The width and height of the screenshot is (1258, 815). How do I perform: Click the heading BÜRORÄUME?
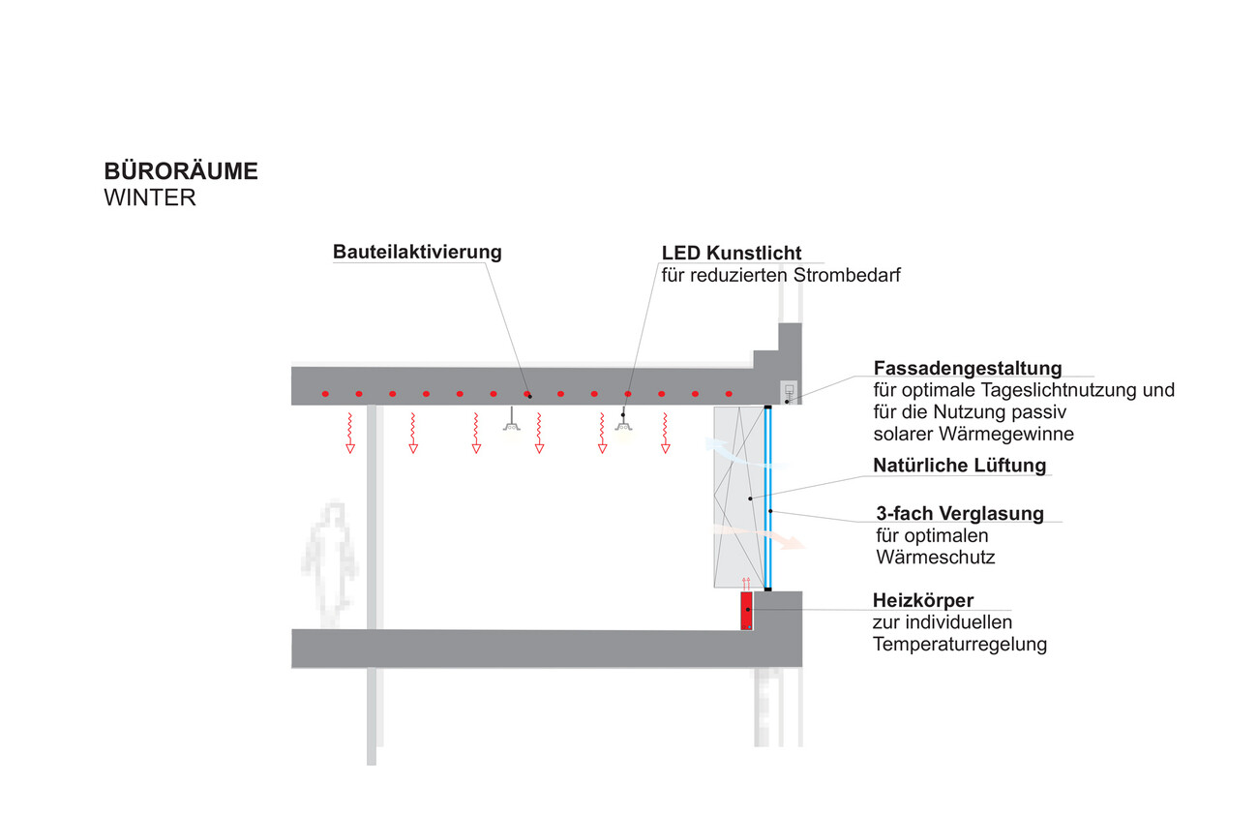click(181, 172)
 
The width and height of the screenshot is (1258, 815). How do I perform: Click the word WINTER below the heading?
click(150, 198)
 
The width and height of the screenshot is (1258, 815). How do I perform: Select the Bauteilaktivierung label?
click(417, 252)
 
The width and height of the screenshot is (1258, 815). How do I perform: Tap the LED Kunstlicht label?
click(732, 253)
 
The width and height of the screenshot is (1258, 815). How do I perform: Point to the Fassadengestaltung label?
click(968, 368)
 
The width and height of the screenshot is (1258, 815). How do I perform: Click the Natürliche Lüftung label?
click(959, 465)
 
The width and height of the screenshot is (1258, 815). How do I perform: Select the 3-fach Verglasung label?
click(960, 513)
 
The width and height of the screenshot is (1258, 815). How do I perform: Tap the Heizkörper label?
click(923, 601)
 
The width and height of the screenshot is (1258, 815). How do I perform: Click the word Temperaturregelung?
click(959, 644)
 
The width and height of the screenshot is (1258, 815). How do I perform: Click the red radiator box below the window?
click(746, 612)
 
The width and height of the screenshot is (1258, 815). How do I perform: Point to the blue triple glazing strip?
click(768, 498)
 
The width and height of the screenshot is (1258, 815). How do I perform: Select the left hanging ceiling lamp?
click(511, 427)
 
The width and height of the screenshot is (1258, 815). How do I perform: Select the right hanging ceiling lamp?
click(624, 428)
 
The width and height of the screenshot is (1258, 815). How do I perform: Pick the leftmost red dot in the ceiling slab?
click(325, 393)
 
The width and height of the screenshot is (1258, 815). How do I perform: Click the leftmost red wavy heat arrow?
click(349, 432)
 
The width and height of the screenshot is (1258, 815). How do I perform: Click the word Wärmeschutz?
click(935, 558)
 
